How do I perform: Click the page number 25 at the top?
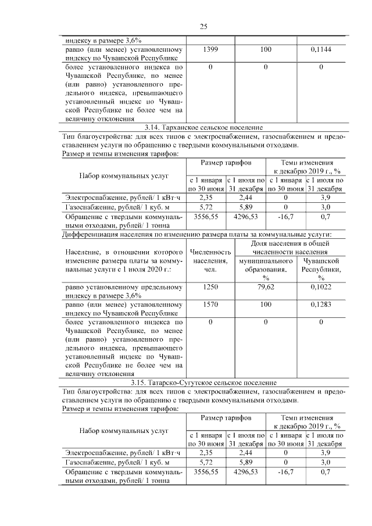203,26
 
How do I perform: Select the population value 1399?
211,50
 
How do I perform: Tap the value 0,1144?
321,50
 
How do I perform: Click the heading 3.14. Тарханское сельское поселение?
203,127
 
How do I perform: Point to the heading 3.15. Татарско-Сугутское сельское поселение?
203,382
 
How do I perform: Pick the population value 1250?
211,287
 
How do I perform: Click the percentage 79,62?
266,287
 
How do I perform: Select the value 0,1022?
321,287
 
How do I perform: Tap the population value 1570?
211,304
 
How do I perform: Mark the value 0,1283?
321,304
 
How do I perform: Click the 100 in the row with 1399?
266,50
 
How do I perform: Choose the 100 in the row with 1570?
266,304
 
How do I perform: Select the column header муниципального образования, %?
266,270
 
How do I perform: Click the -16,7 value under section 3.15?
285,473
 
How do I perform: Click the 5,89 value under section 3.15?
246,461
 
